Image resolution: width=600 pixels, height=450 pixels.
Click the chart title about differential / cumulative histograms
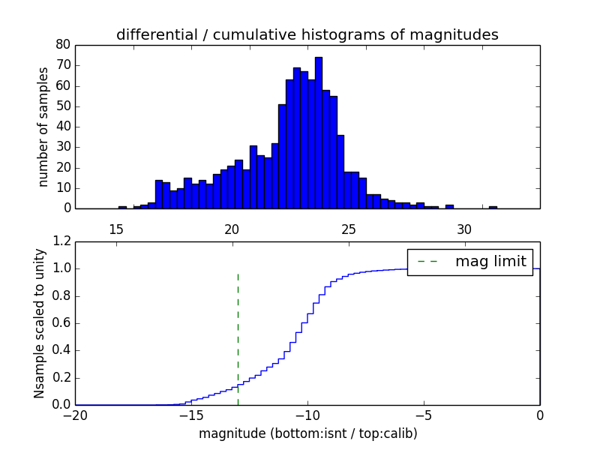click(307, 34)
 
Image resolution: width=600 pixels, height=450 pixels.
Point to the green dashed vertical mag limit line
click(238, 330)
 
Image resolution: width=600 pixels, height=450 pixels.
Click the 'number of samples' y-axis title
click(43, 126)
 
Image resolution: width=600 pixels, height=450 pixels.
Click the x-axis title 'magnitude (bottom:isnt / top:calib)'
click(307, 433)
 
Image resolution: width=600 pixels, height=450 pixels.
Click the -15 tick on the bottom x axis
click(191, 415)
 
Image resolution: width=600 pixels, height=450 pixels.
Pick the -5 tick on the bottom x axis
click(424, 415)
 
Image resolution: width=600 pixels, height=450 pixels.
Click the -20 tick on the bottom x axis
click(75, 415)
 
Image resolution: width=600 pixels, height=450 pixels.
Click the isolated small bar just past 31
click(493, 207)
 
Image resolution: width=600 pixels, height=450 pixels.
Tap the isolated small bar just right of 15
click(122, 207)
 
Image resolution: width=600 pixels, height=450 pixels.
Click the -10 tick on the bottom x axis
click(307, 415)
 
